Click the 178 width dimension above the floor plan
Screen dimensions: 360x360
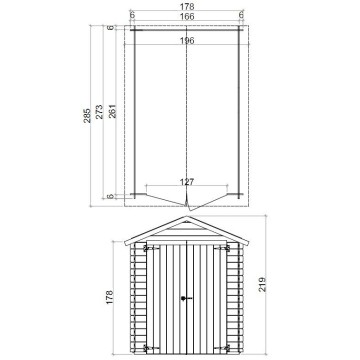pyautogui.click(x=187, y=6)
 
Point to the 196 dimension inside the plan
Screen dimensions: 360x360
pyautogui.click(x=187, y=40)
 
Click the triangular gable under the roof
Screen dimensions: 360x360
pyautogui.click(x=187, y=230)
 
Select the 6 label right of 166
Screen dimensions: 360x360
pyautogui.click(x=242, y=15)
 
